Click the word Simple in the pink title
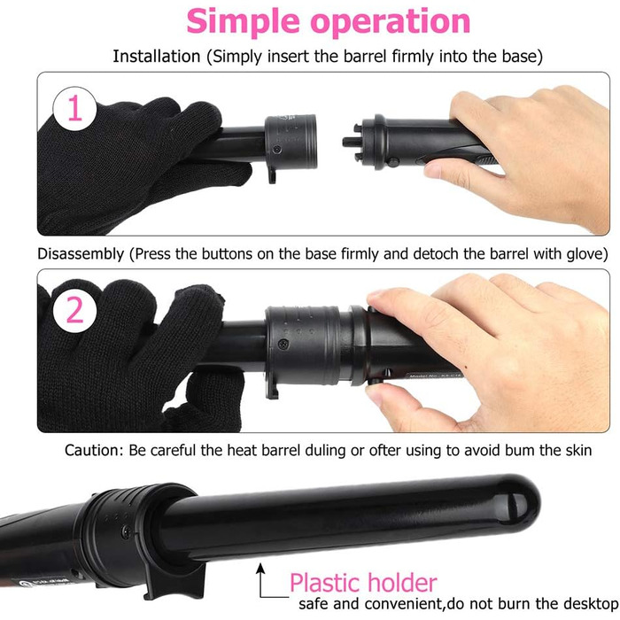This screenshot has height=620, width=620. (243, 22)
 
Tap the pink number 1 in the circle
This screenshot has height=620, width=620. (74, 108)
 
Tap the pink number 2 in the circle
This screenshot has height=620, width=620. (74, 309)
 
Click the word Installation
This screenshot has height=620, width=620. (157, 56)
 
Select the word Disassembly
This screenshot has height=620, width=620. (81, 254)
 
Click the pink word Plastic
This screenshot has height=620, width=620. (323, 583)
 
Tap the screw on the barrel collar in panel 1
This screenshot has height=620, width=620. (277, 150)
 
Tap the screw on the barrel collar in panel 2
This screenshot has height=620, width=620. (283, 344)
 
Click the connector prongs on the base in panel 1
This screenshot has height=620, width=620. (353, 141)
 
